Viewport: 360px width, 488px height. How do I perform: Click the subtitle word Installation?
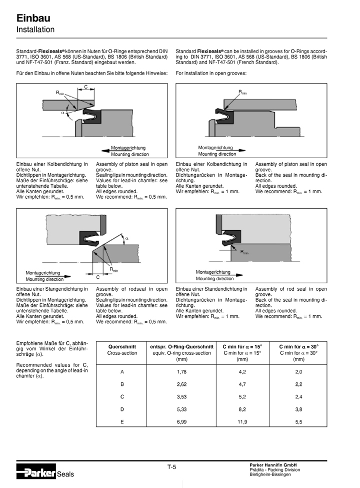pyautogui.click(x=35, y=30)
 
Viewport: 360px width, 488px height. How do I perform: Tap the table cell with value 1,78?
pyautogui.click(x=181, y=372)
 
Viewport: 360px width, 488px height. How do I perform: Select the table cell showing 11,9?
pyautogui.click(x=242, y=422)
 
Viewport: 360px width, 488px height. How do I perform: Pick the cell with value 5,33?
pyautogui.click(x=181, y=409)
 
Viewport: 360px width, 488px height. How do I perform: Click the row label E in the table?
pyautogui.click(x=122, y=422)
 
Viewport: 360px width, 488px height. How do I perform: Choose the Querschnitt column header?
pyautogui.click(x=122, y=346)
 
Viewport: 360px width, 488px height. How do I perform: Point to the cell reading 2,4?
pyautogui.click(x=299, y=397)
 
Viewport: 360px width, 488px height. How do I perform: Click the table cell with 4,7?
pyautogui.click(x=242, y=384)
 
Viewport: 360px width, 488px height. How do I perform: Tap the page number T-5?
pyautogui.click(x=171, y=467)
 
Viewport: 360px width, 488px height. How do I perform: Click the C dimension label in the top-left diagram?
pyautogui.click(x=85, y=87)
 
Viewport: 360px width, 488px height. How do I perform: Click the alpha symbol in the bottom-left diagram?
pyautogui.click(x=126, y=238)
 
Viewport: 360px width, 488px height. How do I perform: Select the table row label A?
pyautogui.click(x=122, y=372)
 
